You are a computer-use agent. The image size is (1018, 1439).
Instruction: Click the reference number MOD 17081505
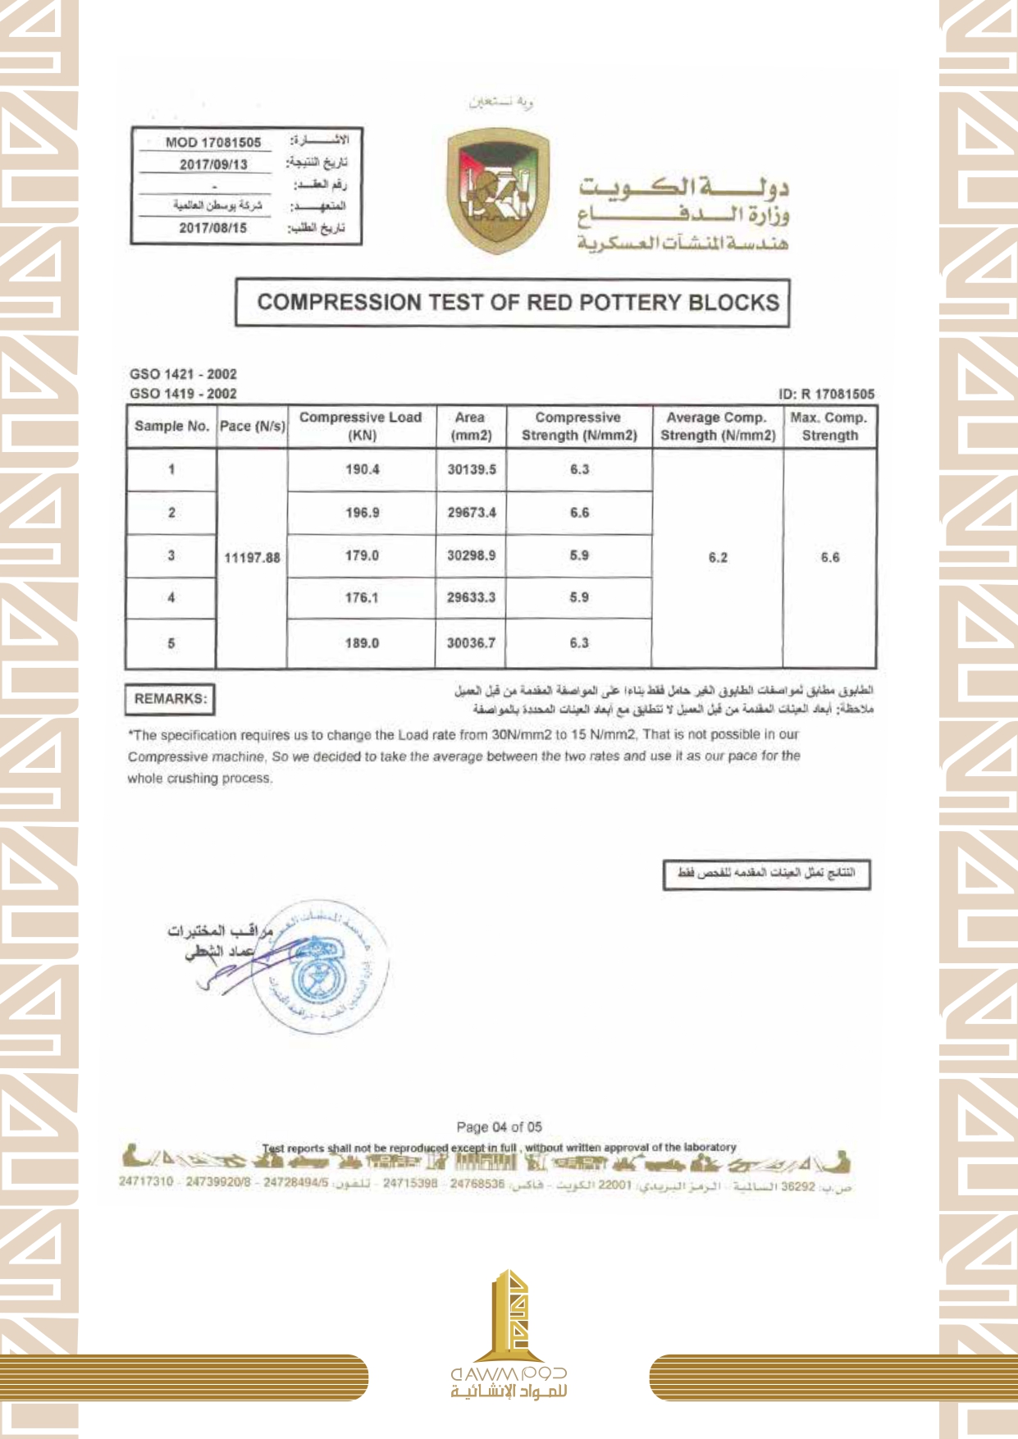[213, 142]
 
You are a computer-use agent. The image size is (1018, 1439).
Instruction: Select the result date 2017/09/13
[213, 164]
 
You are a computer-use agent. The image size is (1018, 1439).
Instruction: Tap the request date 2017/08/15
[213, 227]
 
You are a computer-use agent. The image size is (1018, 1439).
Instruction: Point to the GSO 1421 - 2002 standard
[183, 374]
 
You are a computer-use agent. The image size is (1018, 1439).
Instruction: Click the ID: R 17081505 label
[826, 394]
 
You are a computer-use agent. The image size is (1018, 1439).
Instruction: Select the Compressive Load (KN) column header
[361, 427]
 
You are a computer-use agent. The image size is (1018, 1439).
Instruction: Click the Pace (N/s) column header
[253, 427]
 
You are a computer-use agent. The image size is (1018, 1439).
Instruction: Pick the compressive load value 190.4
[362, 469]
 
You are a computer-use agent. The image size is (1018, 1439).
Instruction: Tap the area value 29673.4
[472, 513]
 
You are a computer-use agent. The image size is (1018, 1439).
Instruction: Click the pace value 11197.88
[253, 558]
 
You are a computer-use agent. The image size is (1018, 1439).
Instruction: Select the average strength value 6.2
[718, 558]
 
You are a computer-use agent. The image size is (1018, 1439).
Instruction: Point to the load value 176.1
[362, 598]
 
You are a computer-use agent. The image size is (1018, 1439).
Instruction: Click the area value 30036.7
[471, 643]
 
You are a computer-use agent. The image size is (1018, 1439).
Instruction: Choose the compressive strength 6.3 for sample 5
[579, 643]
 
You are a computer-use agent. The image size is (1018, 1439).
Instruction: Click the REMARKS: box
[171, 699]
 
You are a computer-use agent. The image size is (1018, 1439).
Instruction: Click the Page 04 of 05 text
[499, 1127]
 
